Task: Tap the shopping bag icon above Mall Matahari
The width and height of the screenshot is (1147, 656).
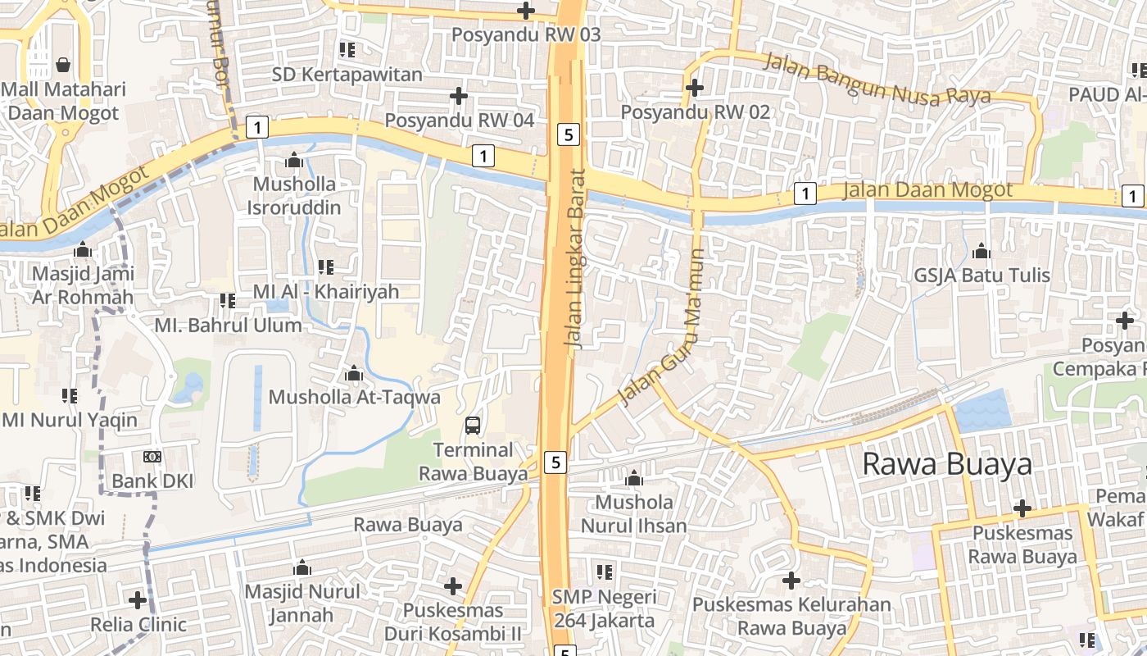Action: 63,64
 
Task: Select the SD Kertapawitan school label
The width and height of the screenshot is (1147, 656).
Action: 347,75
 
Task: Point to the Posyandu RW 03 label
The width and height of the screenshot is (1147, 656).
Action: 526,34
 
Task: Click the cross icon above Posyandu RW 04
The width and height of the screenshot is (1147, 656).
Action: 459,97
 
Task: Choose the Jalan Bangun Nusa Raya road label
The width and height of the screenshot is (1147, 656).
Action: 877,79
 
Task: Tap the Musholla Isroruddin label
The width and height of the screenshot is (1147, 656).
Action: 294,195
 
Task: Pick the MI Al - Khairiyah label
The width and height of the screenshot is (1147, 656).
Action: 326,291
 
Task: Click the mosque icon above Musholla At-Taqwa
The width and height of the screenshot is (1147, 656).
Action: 354,374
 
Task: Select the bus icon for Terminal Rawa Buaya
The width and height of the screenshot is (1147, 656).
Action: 473,425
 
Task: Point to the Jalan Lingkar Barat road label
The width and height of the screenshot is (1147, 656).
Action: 576,258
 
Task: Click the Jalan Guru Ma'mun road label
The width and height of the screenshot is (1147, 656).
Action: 663,328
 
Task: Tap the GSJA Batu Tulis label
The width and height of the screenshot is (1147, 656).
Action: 982,276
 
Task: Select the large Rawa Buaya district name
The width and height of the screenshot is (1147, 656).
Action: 947,464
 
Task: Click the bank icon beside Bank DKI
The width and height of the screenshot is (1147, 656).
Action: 152,457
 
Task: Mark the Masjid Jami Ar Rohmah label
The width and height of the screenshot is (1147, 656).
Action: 82,285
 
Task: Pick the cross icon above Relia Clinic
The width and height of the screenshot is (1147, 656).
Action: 138,600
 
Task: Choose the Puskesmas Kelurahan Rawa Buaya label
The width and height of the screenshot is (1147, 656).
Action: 791,617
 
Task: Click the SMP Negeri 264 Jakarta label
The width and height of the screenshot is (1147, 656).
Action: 605,608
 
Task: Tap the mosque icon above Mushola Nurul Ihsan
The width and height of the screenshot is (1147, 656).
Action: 633,478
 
